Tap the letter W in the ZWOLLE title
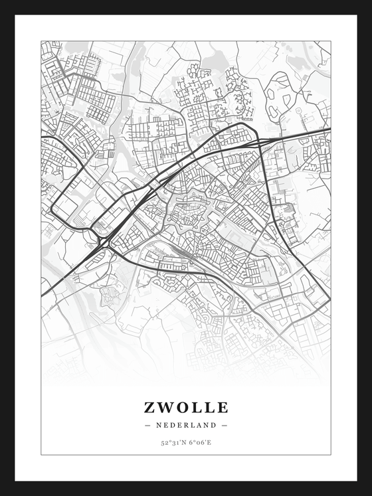[x=165, y=407]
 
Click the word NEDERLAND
[x=186, y=425]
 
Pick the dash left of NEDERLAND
[x=147, y=425]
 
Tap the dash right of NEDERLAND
[x=225, y=425]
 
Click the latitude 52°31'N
[x=173, y=442]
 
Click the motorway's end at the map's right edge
[x=329, y=130]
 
